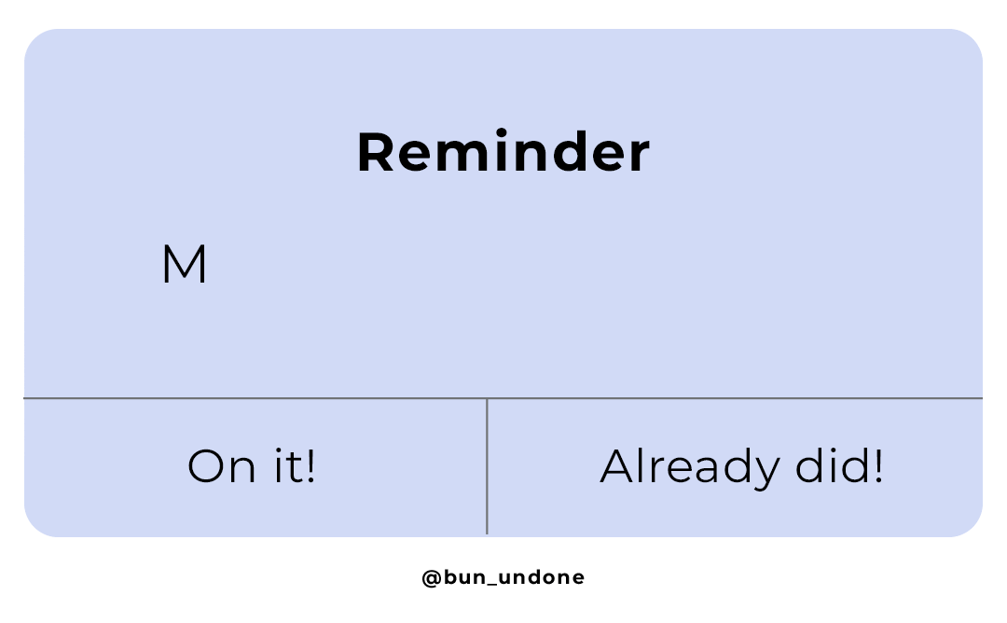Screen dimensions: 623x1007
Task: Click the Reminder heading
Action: click(503, 154)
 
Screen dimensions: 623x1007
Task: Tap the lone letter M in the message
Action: click(184, 266)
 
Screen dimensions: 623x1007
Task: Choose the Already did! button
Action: click(740, 466)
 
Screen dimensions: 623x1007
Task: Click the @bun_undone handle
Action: click(503, 577)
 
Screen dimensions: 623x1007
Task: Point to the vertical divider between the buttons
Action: click(487, 466)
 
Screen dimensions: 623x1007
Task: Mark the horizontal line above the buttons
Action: click(503, 398)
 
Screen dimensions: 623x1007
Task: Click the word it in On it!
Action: click(283, 466)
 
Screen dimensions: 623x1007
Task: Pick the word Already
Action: click(687, 466)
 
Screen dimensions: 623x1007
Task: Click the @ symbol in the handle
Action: click(431, 578)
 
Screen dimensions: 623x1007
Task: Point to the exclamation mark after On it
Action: click(310, 466)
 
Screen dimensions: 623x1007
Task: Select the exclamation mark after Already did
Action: click(876, 466)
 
